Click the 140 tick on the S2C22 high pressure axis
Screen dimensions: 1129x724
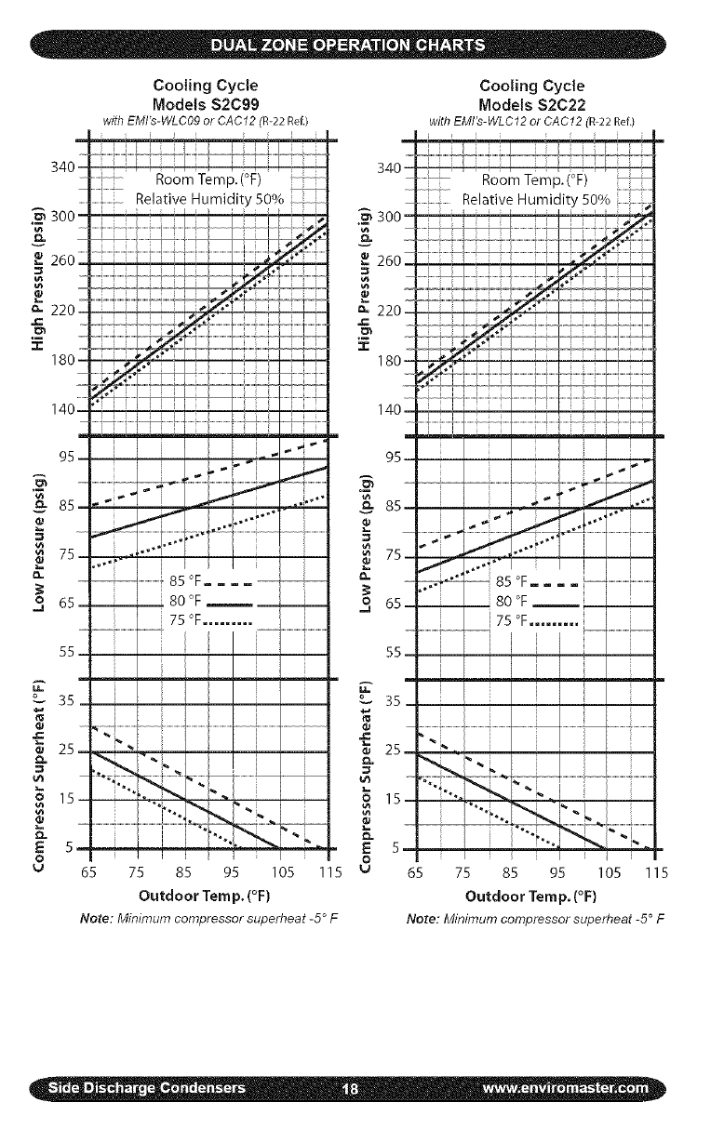point(391,410)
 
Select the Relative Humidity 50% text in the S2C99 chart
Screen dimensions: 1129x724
point(213,199)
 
